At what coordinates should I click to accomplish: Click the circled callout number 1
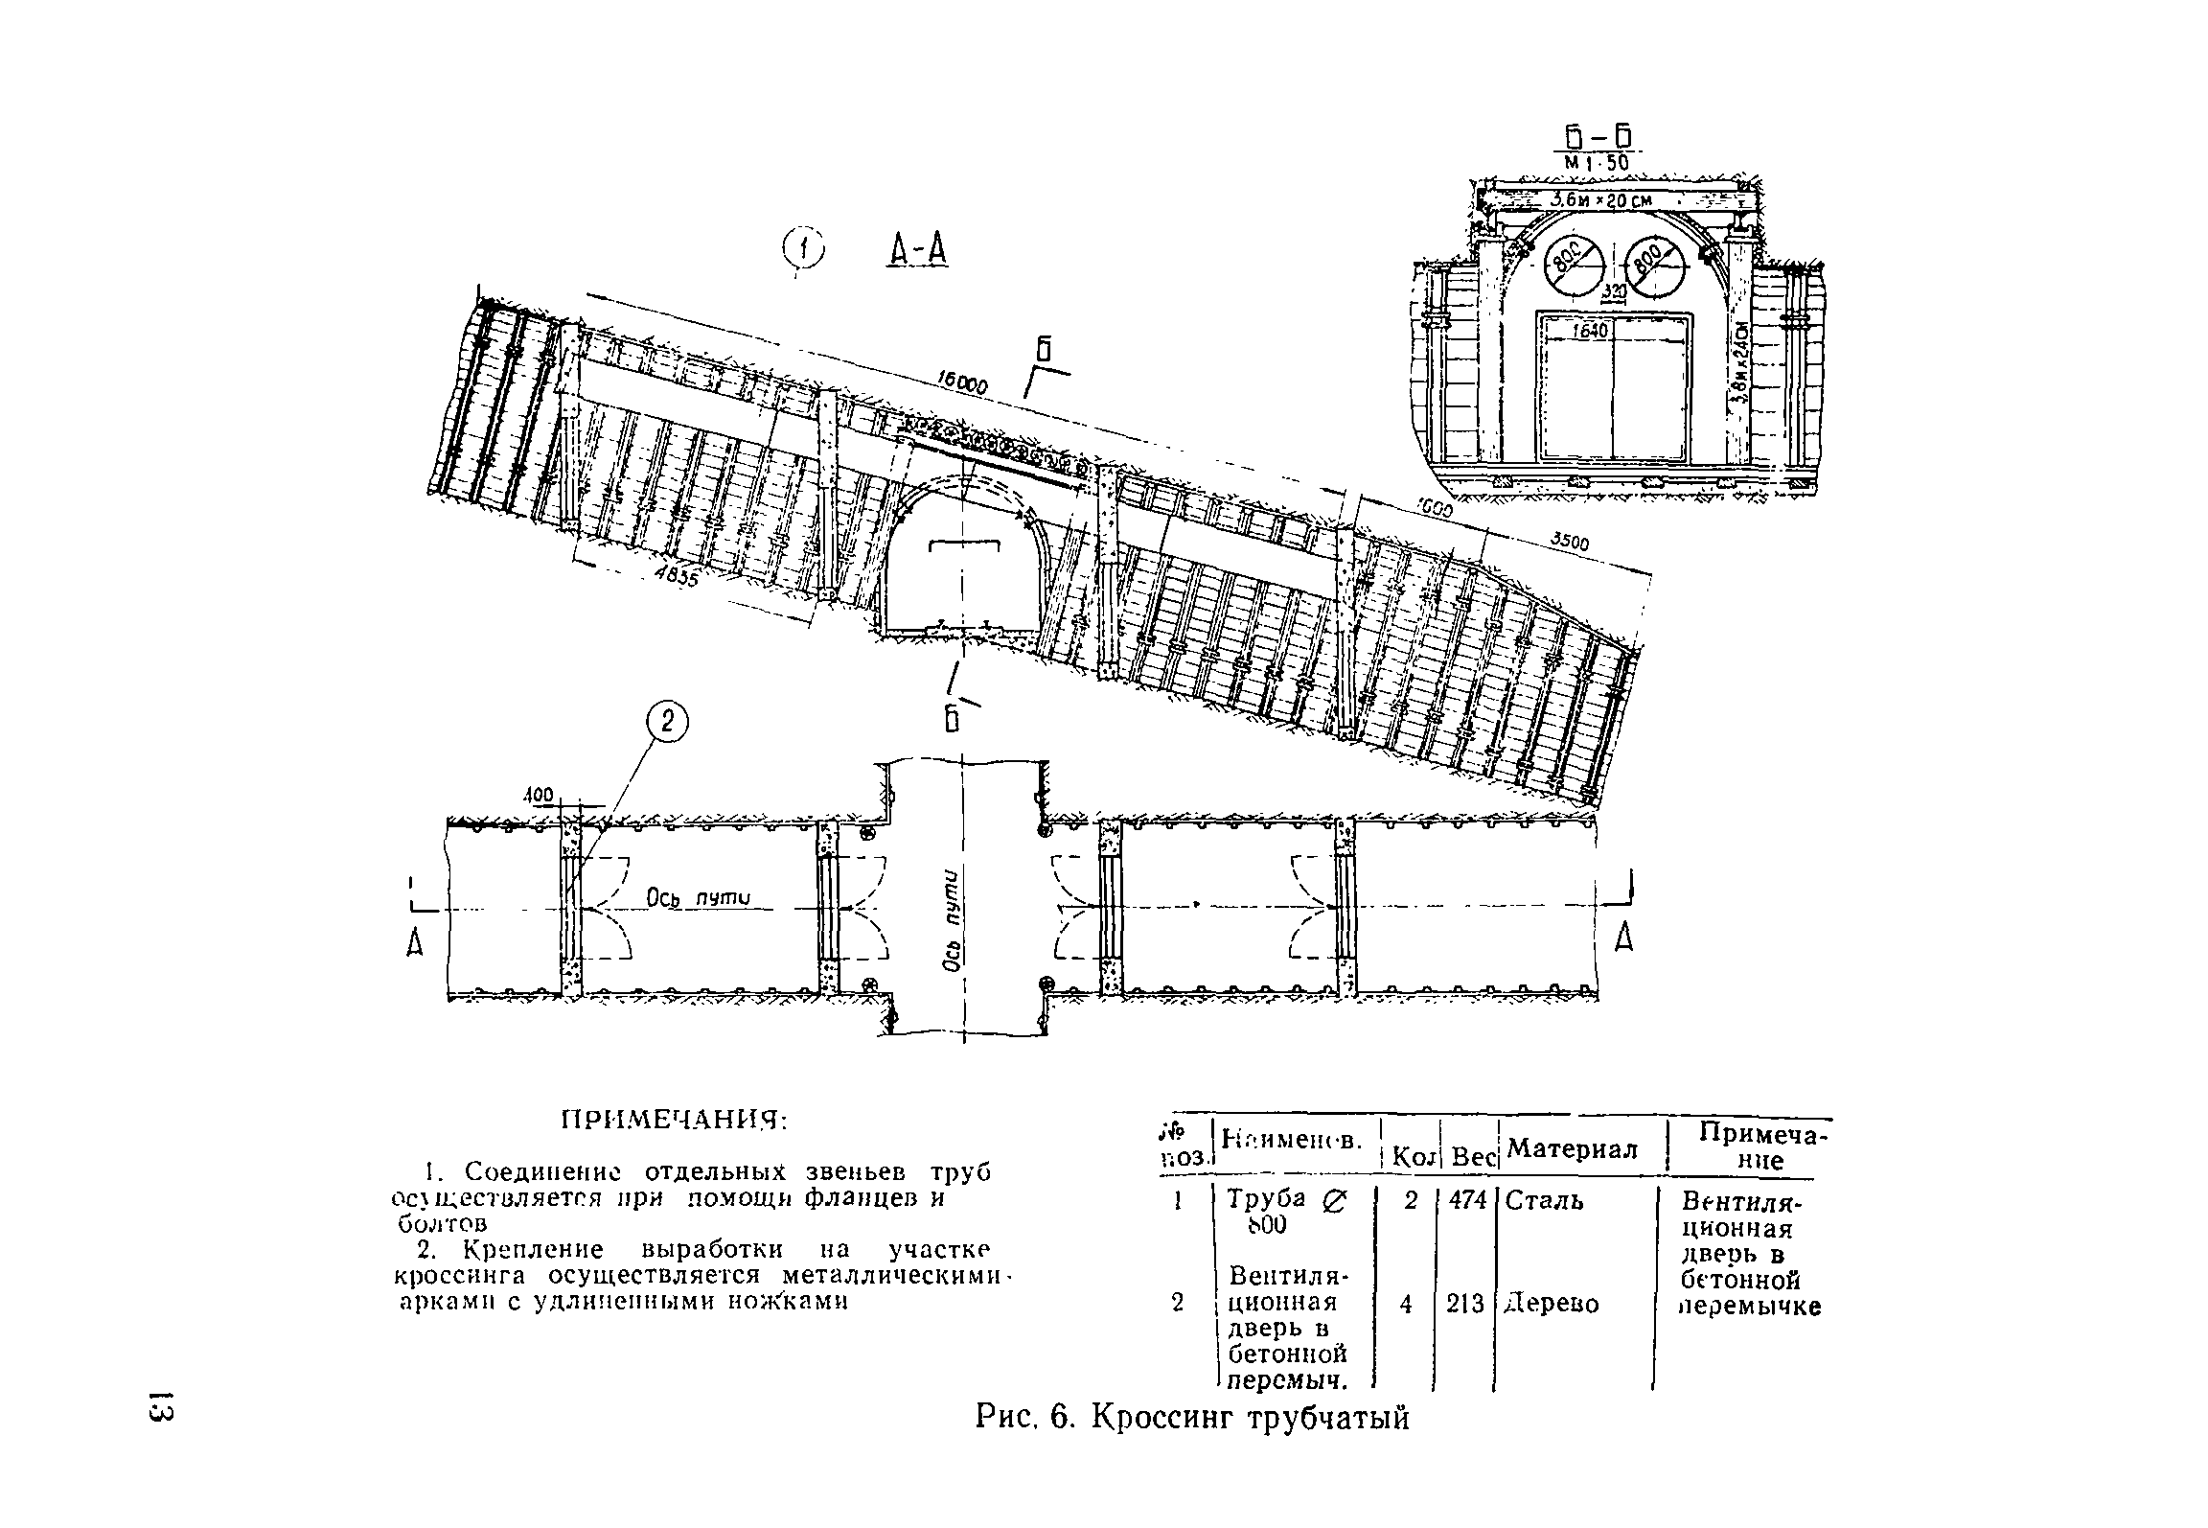[x=804, y=250]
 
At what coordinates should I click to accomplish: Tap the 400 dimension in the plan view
[x=539, y=795]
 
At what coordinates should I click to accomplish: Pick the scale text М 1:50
[x=1595, y=164]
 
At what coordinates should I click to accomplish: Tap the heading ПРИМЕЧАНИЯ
[x=673, y=1120]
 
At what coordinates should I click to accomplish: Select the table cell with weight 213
[x=1465, y=1304]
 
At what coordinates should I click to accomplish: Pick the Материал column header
[x=1572, y=1148]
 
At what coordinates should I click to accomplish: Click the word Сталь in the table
[x=1544, y=1200]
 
